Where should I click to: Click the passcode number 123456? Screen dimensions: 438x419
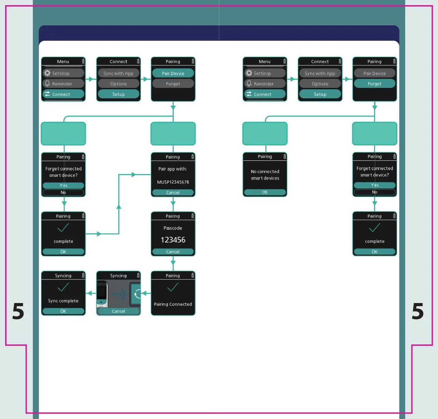point(173,240)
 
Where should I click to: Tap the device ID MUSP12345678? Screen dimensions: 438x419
point(173,182)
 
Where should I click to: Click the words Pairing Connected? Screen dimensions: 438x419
point(173,304)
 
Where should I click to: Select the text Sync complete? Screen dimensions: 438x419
point(63,301)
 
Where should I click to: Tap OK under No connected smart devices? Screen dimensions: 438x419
point(265,192)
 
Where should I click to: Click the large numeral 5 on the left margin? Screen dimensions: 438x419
point(18,311)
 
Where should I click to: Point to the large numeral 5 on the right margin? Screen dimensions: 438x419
point(417,311)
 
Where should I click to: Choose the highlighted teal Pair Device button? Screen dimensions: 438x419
point(173,73)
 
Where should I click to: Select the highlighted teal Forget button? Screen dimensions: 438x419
point(375,84)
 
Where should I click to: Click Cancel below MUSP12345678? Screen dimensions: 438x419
point(173,193)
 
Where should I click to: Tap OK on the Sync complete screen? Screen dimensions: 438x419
point(63,311)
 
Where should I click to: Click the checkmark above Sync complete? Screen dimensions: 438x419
point(63,287)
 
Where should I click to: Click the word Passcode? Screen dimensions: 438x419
point(173,228)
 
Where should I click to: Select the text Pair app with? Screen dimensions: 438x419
point(173,169)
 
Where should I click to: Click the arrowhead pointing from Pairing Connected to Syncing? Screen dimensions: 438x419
point(144,293)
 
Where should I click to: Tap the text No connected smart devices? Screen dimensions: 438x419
point(265,175)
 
